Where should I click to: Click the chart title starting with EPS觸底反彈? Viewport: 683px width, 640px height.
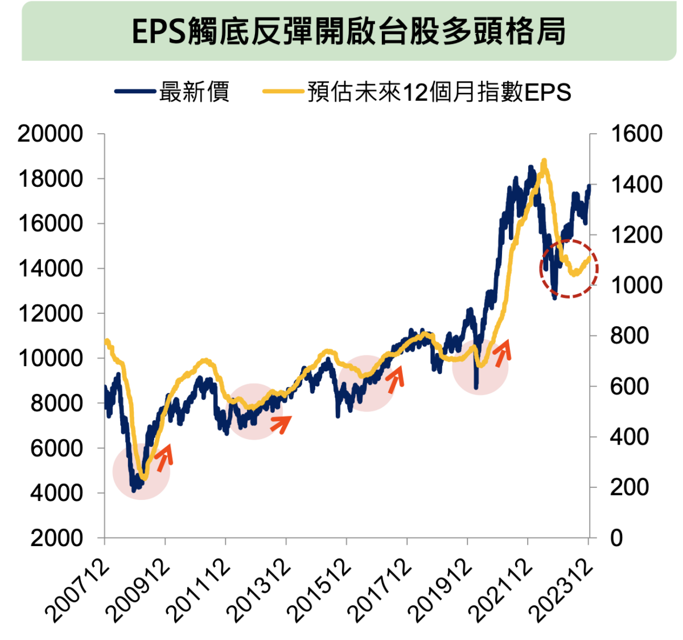click(348, 31)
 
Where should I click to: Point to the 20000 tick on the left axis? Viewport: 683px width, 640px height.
click(51, 134)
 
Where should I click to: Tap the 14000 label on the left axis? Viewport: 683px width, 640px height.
click(51, 268)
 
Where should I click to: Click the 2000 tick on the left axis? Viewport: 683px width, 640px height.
click(56, 538)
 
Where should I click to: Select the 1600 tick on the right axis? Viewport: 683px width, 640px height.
click(636, 134)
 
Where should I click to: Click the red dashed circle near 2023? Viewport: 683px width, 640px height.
click(569, 268)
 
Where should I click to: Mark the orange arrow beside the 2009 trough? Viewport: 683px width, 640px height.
click(164, 458)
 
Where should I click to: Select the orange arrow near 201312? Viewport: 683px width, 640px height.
click(281, 423)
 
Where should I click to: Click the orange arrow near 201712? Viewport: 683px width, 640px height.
click(395, 379)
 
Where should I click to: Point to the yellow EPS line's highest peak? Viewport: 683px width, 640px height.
click(544, 162)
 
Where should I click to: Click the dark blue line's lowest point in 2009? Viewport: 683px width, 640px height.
click(134, 490)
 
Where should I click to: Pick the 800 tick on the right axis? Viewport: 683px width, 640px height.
click(629, 335)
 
